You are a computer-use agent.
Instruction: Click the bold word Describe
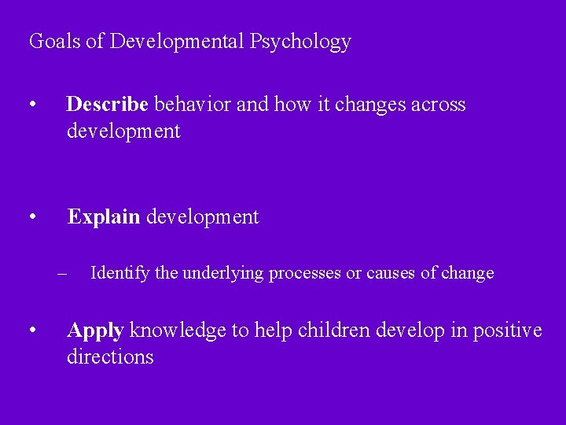tap(108, 105)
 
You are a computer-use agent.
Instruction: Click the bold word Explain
tap(104, 217)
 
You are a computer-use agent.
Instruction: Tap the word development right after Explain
tap(202, 217)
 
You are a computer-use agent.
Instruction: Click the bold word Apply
tap(95, 331)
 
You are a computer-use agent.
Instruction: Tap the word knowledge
tap(178, 331)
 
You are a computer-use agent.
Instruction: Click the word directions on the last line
tap(110, 357)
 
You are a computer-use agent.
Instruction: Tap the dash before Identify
tap(62, 274)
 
